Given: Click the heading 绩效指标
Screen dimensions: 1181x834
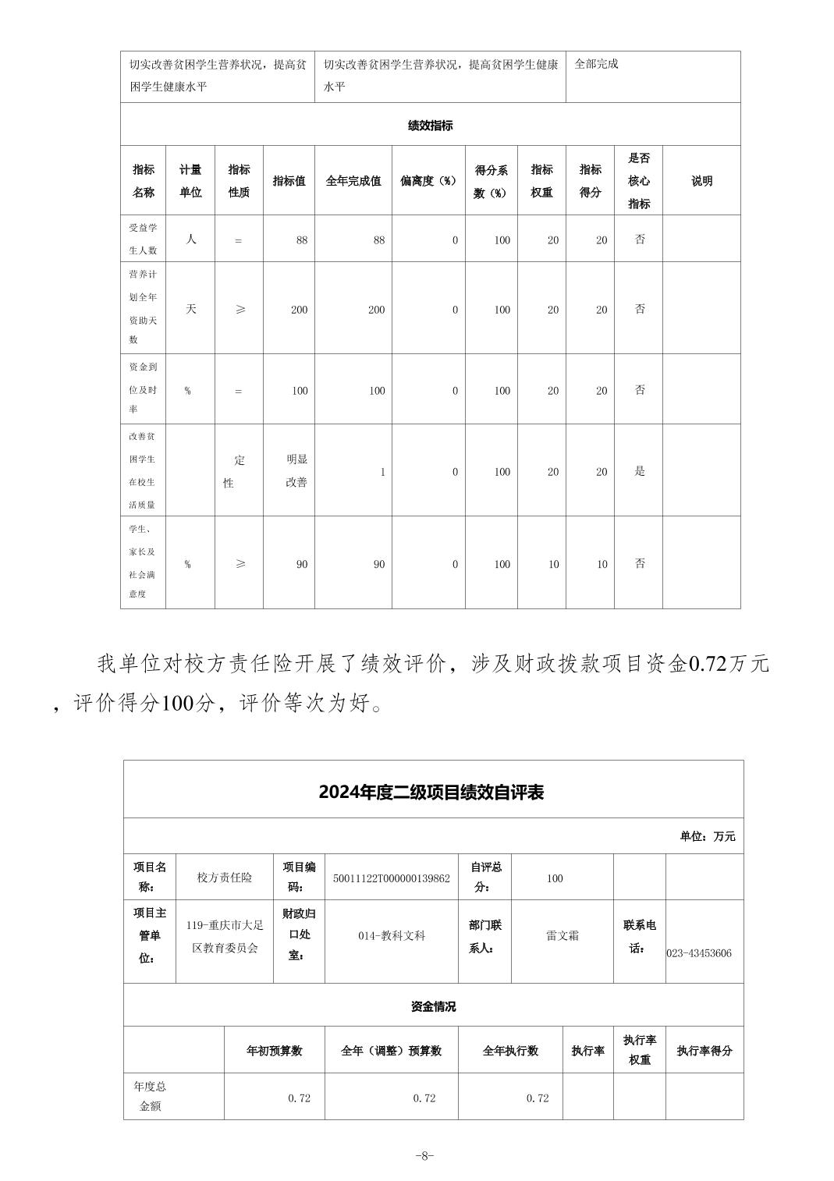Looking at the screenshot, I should tap(430, 125).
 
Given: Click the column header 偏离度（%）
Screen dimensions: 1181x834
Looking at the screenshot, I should tap(428, 181).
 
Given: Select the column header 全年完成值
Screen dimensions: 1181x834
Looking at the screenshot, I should tap(353, 181).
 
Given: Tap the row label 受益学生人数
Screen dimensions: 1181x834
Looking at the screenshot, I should tap(144, 239).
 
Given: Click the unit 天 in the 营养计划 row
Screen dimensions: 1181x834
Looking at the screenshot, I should tap(191, 309).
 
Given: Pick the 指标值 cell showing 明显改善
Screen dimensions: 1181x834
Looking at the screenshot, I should tap(296, 471).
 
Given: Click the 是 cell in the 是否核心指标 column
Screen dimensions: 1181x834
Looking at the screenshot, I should tap(640, 471).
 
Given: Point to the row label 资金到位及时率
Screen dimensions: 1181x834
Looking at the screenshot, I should tap(144, 388).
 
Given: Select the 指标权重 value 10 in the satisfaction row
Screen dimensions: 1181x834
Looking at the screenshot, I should tap(553, 564).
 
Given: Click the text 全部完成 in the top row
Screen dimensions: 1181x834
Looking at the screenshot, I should tap(597, 64).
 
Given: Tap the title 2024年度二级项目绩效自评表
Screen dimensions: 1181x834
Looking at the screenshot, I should tap(431, 793).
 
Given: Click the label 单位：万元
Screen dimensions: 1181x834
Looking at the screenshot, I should tap(707, 836).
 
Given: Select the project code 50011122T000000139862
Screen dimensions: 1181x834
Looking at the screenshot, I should tap(391, 878).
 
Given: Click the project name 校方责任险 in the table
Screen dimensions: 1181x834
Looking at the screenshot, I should tap(225, 878).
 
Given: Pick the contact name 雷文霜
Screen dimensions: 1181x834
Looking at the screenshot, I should tap(563, 935).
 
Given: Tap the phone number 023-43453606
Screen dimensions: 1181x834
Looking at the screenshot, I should tap(699, 953).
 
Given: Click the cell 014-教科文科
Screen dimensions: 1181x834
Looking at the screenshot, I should tap(392, 935).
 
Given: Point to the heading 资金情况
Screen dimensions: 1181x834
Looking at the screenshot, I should tap(433, 1006).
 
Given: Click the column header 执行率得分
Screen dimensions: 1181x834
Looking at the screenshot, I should tap(704, 1051).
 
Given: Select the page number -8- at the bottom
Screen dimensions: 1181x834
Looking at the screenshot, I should tap(424, 1156).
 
